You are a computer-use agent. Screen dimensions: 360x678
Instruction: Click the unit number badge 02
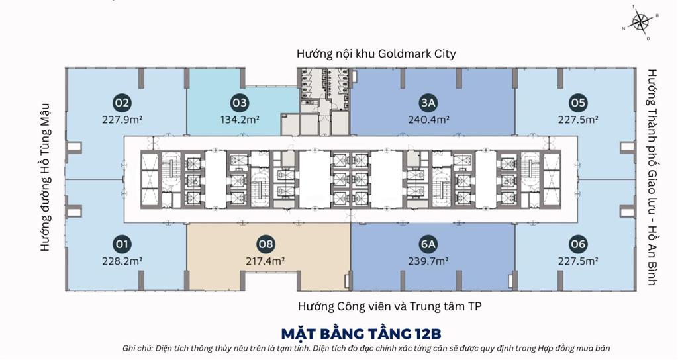[122, 103]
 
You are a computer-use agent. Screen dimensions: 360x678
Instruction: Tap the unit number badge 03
[239, 103]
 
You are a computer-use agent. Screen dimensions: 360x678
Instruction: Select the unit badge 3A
[428, 103]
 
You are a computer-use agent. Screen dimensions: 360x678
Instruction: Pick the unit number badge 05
[577, 103]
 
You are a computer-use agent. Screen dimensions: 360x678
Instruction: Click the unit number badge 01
[122, 245]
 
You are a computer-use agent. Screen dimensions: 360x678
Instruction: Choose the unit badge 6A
[428, 245]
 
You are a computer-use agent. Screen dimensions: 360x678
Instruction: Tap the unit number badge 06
[577, 245]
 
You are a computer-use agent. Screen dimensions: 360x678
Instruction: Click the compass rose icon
[640, 22]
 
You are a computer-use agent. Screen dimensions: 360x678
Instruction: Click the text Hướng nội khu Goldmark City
[376, 54]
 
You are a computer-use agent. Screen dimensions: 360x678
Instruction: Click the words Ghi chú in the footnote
[138, 348]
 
